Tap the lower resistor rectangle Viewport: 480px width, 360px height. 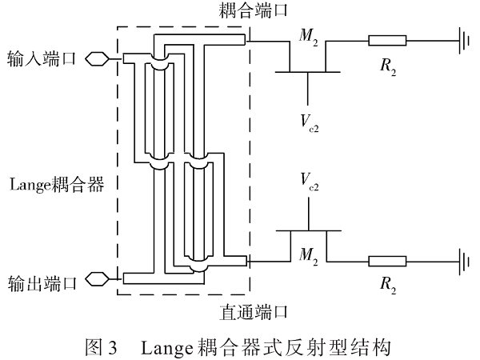pyautogui.click(x=387, y=260)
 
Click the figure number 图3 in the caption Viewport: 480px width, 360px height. pyautogui.click(x=101, y=346)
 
